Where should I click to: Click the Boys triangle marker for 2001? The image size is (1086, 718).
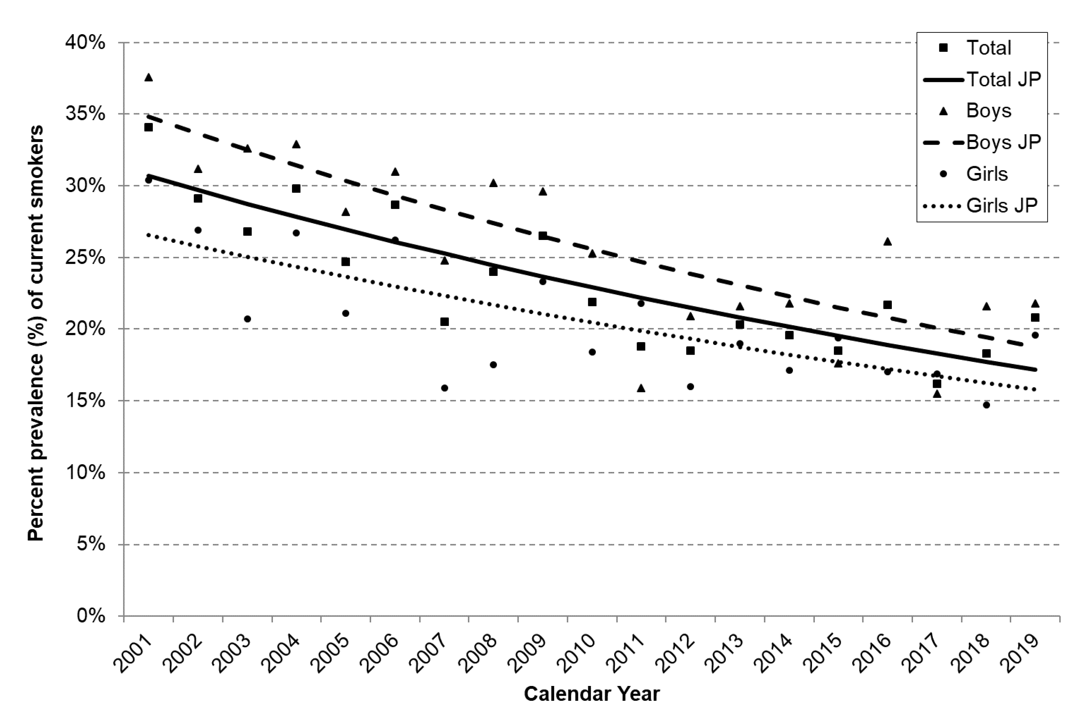tap(148, 77)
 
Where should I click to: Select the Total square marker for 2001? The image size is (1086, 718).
tap(148, 127)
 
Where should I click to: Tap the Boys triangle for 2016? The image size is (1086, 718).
tap(887, 241)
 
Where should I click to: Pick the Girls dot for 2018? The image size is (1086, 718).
tap(986, 405)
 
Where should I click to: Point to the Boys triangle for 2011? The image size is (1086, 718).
tap(641, 388)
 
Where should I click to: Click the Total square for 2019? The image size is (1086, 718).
tap(1035, 317)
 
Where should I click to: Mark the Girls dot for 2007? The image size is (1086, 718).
tap(444, 388)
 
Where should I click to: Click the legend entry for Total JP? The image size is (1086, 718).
tap(982, 79)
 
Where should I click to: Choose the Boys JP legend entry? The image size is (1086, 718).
tap(982, 142)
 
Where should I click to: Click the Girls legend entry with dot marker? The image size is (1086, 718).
tap(975, 174)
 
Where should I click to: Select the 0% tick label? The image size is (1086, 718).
tap(91, 616)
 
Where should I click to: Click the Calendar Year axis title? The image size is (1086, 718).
tap(592, 694)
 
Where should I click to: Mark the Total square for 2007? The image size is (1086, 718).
tap(444, 322)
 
